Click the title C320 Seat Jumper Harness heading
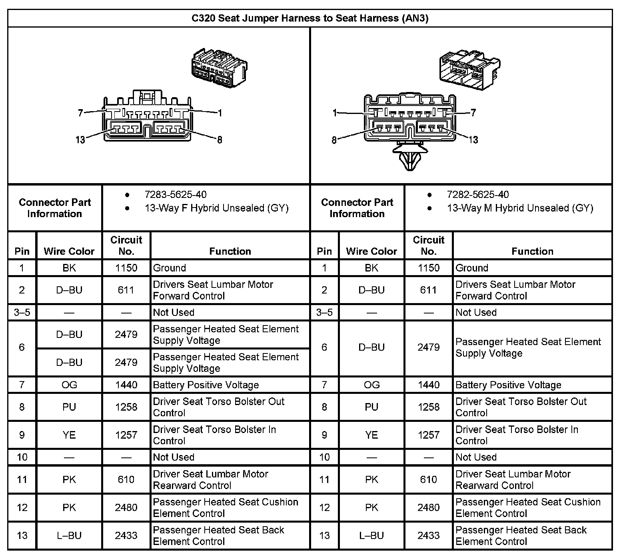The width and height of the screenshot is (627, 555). pyautogui.click(x=310, y=18)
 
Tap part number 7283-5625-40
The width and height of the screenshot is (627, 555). pyautogui.click(x=176, y=195)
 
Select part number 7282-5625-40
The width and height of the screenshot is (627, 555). pyautogui.click(x=478, y=195)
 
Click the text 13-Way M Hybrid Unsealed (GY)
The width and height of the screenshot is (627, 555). pyautogui.click(x=520, y=208)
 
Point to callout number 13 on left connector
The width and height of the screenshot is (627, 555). pyautogui.click(x=80, y=140)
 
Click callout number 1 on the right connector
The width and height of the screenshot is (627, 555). pyautogui.click(x=335, y=113)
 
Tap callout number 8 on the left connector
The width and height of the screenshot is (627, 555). pyautogui.click(x=220, y=140)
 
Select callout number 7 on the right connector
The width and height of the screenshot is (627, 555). pyautogui.click(x=473, y=113)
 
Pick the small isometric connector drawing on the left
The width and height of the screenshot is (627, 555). pyautogui.click(x=219, y=68)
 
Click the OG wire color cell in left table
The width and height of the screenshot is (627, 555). pyautogui.click(x=69, y=385)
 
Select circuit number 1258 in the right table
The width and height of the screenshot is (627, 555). pyautogui.click(x=429, y=407)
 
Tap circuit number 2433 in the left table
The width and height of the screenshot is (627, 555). pyautogui.click(x=126, y=535)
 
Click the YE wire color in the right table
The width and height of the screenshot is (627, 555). pyautogui.click(x=371, y=435)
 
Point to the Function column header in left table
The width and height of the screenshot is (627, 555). pyautogui.click(x=230, y=251)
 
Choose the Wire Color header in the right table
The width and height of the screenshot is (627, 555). pyautogui.click(x=371, y=251)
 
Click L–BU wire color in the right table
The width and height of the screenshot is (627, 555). pyautogui.click(x=371, y=535)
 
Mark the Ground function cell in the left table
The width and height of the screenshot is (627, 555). pyautogui.click(x=170, y=268)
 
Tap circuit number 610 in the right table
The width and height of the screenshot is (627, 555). pyautogui.click(x=429, y=479)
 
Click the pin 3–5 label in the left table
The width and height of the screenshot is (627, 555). pyautogui.click(x=22, y=312)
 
